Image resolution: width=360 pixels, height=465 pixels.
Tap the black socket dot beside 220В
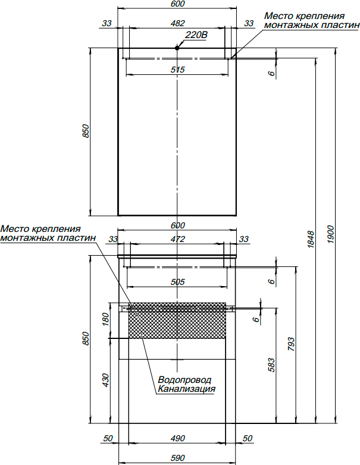pyautogui.click(x=178, y=47)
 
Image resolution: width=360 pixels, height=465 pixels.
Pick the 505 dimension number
pyautogui.click(x=177, y=282)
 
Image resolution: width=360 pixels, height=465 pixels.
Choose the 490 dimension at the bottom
pyautogui.click(x=177, y=439)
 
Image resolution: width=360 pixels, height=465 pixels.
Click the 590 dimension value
pyautogui.click(x=177, y=458)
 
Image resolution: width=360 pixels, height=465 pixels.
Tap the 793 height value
pyautogui.click(x=291, y=345)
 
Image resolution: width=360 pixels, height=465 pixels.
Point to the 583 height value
pyautogui.click(x=271, y=365)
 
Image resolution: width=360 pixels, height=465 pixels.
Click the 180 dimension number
pyautogui.click(x=107, y=320)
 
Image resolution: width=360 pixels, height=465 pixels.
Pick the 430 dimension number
pyautogui.click(x=107, y=380)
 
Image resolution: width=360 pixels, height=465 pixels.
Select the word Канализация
pyautogui.click(x=186, y=390)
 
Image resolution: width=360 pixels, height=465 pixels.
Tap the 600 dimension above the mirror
pyautogui.click(x=177, y=4)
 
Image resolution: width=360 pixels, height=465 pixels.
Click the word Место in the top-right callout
pyautogui.click(x=277, y=16)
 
